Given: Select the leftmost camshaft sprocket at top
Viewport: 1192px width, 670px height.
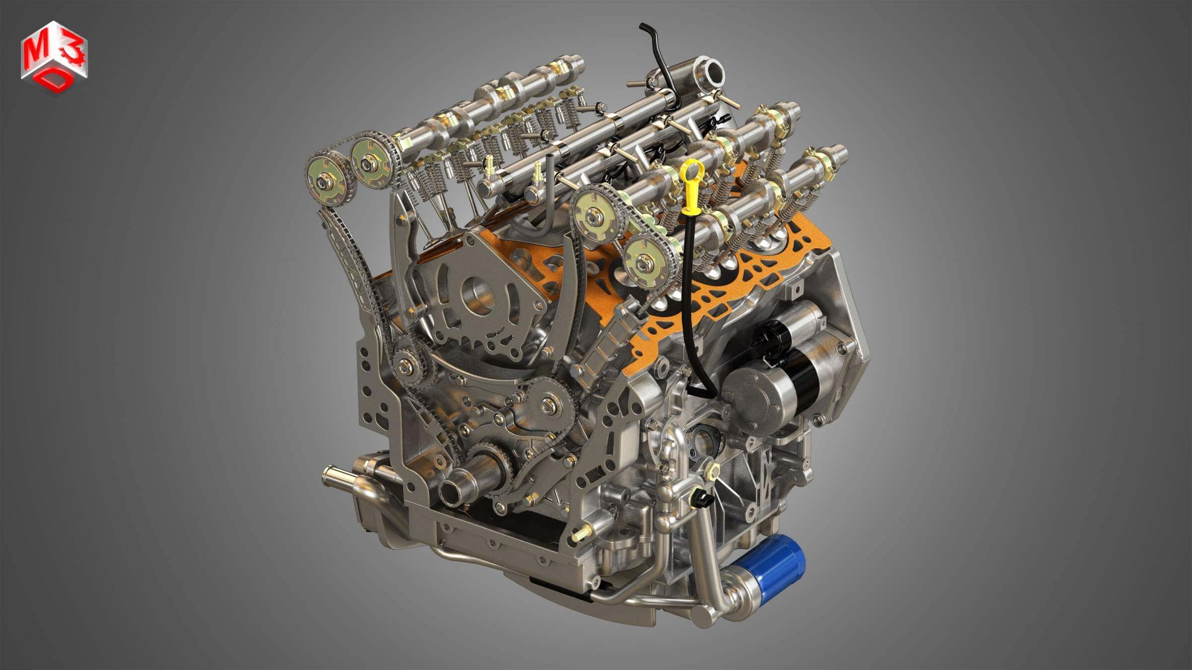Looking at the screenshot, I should (x=327, y=181).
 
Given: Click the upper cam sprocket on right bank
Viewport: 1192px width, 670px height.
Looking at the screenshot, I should (x=594, y=216).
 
